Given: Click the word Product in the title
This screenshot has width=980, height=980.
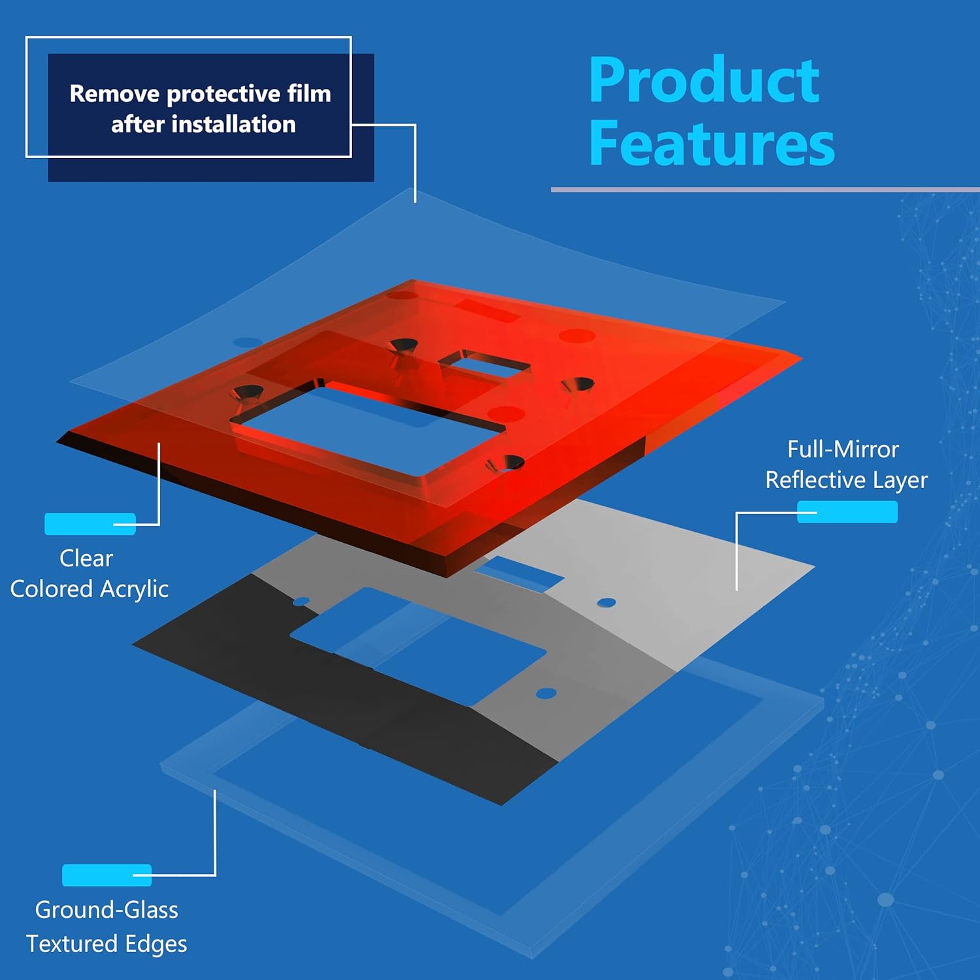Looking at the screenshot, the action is pos(704,81).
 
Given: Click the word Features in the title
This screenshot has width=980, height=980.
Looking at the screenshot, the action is pos(711,144).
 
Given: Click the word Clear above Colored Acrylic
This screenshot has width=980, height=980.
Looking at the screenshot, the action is pos(86,559).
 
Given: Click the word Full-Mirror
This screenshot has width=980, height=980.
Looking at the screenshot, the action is pos(843,449).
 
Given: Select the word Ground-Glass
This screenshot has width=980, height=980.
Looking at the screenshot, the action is pos(106,910).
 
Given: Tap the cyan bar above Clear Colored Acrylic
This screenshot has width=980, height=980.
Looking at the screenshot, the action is pos(90,524).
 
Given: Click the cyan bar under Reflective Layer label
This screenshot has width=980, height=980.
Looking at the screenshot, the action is pos(847,512).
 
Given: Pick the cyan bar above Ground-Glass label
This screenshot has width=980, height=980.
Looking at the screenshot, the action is pos(106,875).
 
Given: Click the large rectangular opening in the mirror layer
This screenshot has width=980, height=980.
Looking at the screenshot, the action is pos(418,647).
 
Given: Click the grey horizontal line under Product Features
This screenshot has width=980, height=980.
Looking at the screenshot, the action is pos(764,189).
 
